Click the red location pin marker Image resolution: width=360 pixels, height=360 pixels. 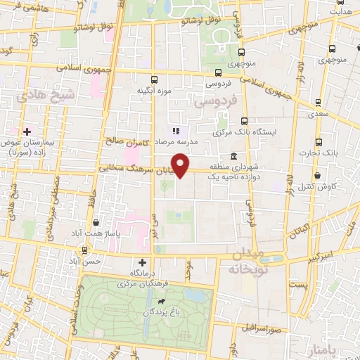point(181,165)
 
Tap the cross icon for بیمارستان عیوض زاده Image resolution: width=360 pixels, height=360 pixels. point(27,131)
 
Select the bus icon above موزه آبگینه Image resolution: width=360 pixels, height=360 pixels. point(154,79)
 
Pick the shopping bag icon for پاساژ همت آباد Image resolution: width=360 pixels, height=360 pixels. point(95,223)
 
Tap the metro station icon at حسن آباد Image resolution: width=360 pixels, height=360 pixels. point(85,250)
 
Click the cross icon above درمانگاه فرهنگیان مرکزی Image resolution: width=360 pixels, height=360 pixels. point(143,262)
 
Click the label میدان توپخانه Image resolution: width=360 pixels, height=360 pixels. point(246,261)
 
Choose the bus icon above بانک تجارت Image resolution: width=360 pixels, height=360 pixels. point(319,142)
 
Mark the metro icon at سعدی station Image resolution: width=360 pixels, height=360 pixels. point(318,103)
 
